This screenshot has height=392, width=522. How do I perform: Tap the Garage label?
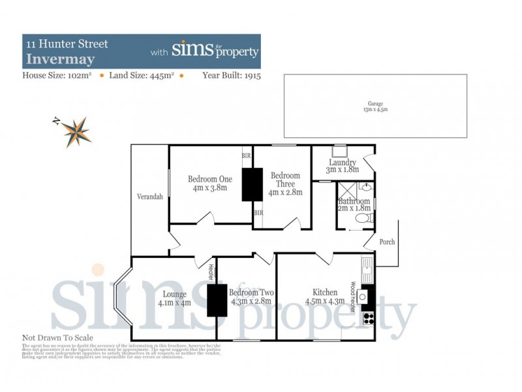coord(375,105)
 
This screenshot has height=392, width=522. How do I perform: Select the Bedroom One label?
coord(210,179)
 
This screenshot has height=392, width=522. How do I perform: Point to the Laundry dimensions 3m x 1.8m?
coord(343,171)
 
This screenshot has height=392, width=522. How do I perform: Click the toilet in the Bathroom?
coord(369,218)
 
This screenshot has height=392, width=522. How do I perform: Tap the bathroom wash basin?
coord(367,186)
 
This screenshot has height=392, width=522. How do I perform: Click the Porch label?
coord(387,242)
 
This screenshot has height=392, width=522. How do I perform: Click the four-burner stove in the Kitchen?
coord(368,319)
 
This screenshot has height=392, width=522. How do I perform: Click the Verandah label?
coord(149,197)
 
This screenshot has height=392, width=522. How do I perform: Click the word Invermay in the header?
coord(52,58)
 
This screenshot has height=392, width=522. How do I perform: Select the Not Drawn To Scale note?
coord(57,338)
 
